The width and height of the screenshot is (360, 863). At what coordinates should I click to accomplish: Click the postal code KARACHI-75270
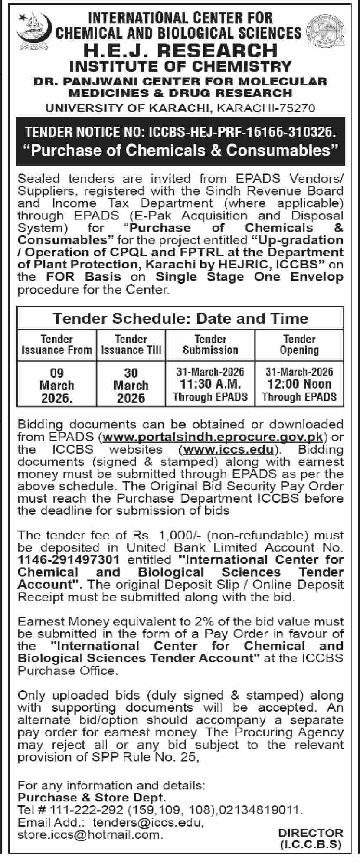tap(265, 108)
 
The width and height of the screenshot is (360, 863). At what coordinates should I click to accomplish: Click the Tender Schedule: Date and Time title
tap(180, 318)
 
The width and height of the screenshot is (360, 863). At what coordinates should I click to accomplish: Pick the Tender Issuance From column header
tap(57, 345)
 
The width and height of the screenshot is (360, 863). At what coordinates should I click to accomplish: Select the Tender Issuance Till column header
tap(131, 345)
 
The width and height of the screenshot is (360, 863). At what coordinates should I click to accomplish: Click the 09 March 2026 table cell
tap(57, 386)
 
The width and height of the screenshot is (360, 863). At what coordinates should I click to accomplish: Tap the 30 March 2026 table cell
tap(131, 386)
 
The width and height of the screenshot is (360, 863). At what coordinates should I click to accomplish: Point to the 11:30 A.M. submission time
tap(210, 384)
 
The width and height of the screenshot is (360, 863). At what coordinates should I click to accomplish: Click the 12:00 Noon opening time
tap(299, 384)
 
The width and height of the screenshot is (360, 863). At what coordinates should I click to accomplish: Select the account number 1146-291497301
tap(69, 560)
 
